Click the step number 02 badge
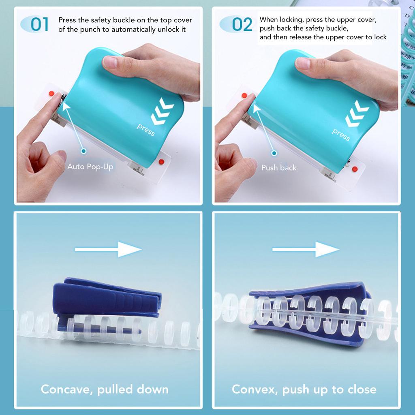point(239,24)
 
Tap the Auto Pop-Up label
point(90,167)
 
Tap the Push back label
point(278,167)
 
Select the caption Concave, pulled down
point(105,389)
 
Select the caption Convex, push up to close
point(304,389)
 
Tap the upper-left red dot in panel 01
point(51,94)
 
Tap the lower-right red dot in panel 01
point(161,162)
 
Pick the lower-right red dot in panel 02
point(355,169)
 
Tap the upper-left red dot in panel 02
point(244,96)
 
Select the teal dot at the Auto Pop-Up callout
point(83,151)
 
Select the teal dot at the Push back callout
point(274,153)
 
